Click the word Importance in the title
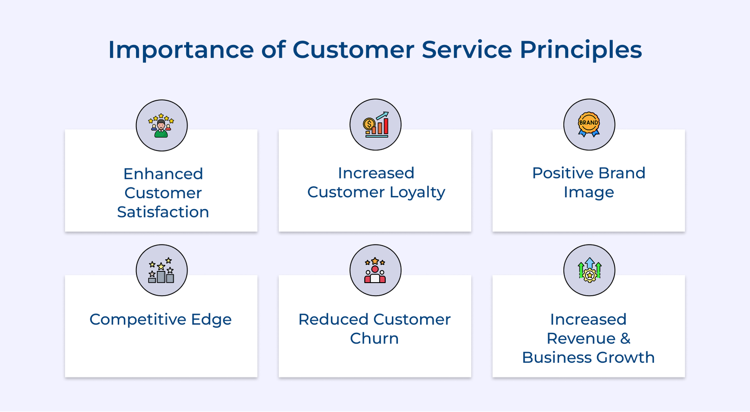181,50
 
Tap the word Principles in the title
580,50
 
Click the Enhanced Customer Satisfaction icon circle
162,125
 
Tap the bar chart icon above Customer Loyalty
375,125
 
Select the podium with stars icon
162,270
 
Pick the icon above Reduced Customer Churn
375,270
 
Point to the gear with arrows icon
589,270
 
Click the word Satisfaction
163,212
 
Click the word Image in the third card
589,192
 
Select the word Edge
211,320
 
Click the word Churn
374,338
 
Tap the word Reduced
330,320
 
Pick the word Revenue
581,338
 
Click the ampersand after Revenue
625,338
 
